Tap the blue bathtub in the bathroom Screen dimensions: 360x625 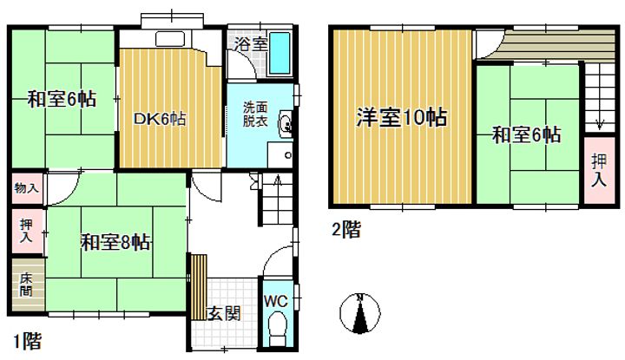[x=282, y=51]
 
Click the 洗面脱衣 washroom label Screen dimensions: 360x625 [x=255, y=115]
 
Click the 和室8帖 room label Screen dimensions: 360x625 [x=116, y=241]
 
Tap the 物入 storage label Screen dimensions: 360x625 [x=26, y=187]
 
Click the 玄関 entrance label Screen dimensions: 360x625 [x=222, y=313]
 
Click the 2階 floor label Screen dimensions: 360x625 [x=345, y=230]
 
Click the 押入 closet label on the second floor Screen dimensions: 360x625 [x=599, y=170]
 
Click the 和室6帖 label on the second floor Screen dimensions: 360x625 [x=526, y=134]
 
